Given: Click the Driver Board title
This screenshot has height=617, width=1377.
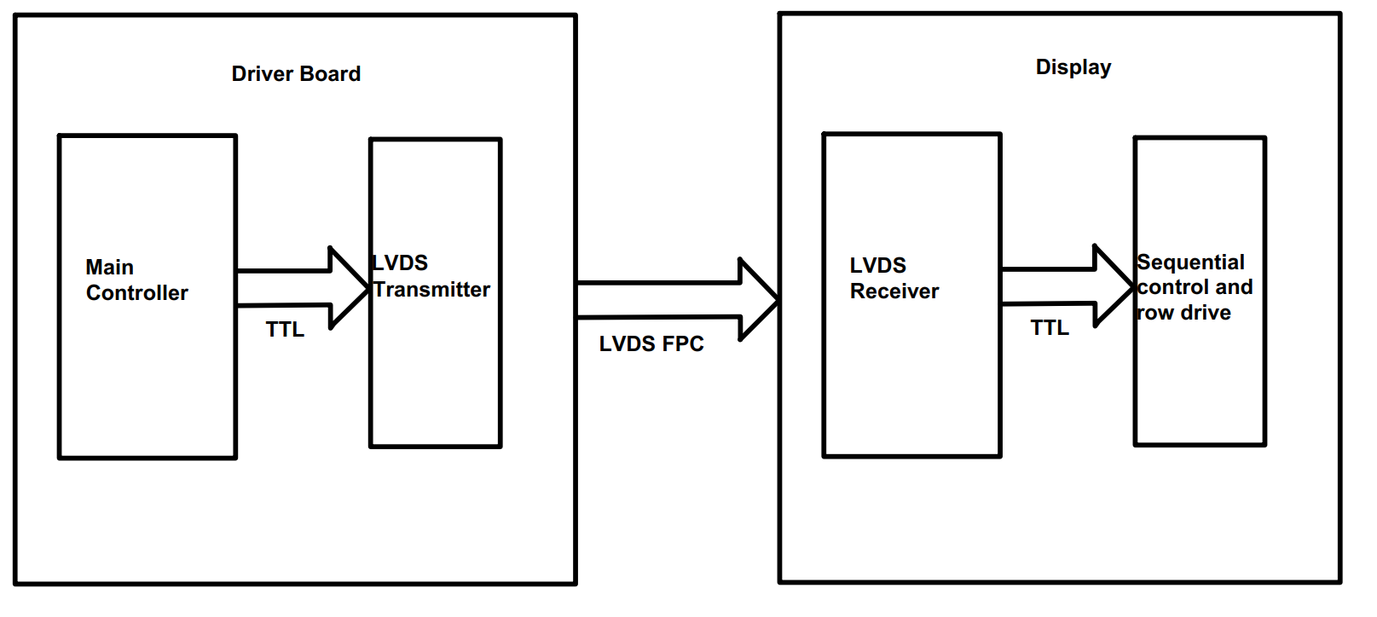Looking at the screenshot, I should [296, 74].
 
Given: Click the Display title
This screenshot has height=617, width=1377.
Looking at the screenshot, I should [1073, 67].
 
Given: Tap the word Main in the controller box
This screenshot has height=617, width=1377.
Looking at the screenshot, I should [109, 268].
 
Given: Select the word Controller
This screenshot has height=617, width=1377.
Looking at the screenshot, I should [136, 293].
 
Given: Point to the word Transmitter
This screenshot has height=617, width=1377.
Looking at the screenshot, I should [431, 290].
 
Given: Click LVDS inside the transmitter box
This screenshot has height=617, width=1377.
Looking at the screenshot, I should [400, 263].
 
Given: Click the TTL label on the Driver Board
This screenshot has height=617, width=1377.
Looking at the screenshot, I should [284, 330].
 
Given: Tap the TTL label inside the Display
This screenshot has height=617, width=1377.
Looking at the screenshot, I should [1049, 328].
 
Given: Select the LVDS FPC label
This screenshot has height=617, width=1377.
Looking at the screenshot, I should [651, 344].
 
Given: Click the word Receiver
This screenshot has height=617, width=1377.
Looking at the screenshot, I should [894, 291].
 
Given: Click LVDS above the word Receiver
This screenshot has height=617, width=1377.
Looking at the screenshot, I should [877, 266].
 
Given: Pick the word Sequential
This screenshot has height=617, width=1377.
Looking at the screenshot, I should [1190, 262].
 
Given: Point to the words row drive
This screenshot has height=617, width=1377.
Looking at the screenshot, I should [1183, 313].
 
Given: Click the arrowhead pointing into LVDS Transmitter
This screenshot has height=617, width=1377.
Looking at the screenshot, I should [350, 288].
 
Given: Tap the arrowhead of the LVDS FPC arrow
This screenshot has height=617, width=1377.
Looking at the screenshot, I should [759, 299].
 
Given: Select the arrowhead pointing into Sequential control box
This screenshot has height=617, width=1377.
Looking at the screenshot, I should [1114, 286].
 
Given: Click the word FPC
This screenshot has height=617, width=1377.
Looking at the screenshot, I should [683, 344].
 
